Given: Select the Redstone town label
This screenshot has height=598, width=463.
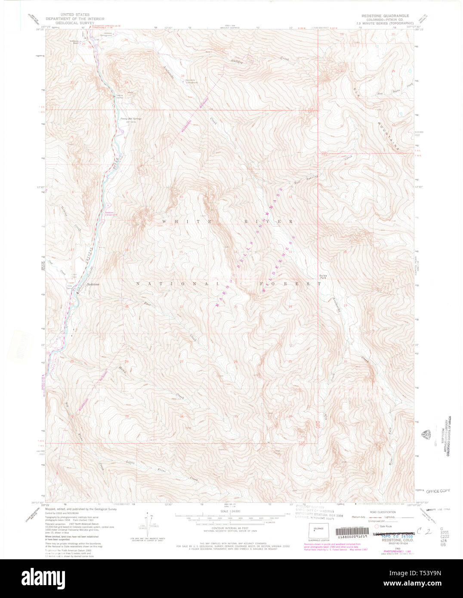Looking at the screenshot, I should click(93, 284).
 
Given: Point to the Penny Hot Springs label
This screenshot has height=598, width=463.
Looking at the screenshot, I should click(130, 119).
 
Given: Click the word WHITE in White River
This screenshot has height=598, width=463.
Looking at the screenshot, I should click(176, 221).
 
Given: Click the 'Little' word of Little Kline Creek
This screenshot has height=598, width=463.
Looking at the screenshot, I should click(127, 463).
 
